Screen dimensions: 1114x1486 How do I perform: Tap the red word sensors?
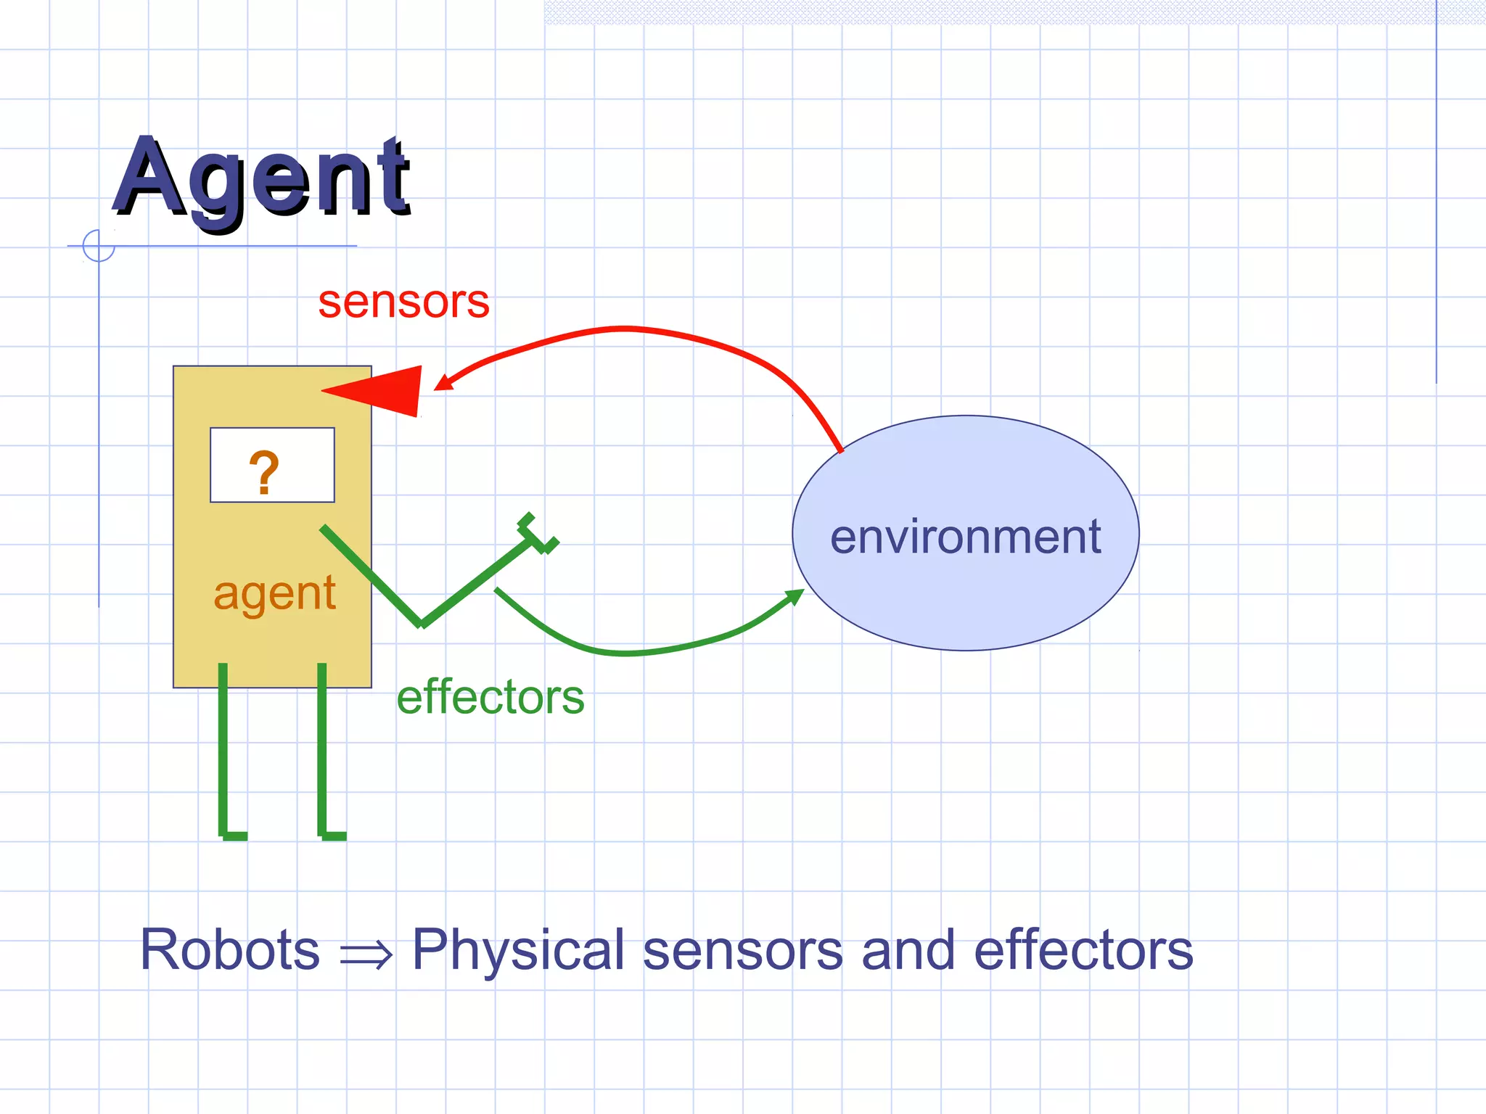coord(403,302)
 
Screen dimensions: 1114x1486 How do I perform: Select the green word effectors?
coord(490,697)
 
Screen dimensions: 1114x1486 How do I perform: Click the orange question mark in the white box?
coord(264,472)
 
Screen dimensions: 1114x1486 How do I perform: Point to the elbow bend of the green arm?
coord(422,622)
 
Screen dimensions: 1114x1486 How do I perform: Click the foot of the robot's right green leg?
coord(332,834)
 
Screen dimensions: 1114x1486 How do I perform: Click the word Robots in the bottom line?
coord(229,950)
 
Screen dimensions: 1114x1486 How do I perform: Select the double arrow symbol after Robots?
coord(366,954)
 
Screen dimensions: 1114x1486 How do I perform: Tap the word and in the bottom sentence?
coord(908,950)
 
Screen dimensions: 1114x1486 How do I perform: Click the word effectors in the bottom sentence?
coord(1083,950)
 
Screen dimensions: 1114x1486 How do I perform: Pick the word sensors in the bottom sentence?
coord(742,950)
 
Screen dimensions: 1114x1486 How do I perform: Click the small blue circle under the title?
coord(99,245)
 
